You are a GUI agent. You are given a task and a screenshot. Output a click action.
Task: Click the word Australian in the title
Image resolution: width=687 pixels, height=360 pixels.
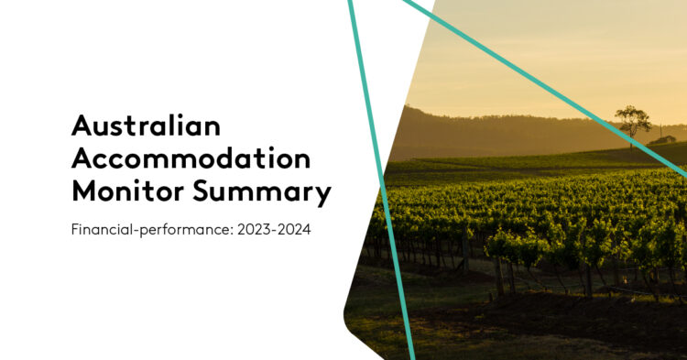tap(146, 125)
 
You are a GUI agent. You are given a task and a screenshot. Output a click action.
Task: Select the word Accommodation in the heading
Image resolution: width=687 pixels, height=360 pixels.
tap(191, 158)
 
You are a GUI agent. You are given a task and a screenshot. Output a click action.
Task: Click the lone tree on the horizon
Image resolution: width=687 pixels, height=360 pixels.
tap(632, 125)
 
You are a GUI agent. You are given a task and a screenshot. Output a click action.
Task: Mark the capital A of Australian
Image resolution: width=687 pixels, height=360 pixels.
tap(81, 125)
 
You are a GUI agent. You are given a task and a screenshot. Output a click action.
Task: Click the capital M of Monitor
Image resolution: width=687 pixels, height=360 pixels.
tap(83, 192)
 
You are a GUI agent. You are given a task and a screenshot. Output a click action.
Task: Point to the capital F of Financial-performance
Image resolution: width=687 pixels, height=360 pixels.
tap(74, 229)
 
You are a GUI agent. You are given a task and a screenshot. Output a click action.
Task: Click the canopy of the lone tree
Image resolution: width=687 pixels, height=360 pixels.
tap(632, 116)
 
